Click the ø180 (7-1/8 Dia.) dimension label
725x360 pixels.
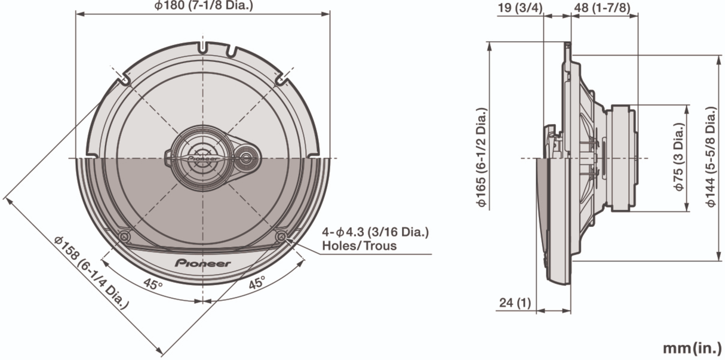[203, 6]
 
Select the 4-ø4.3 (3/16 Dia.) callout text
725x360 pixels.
[375, 232]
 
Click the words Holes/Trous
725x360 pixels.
[359, 245]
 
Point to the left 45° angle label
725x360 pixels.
[153, 285]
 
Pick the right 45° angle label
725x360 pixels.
[256, 284]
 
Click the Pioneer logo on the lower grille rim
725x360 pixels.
[203, 263]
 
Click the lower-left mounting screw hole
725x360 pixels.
[124, 236]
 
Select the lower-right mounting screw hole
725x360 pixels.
[281, 236]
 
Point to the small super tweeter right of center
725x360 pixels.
[247, 158]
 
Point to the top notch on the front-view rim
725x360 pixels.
[203, 46]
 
